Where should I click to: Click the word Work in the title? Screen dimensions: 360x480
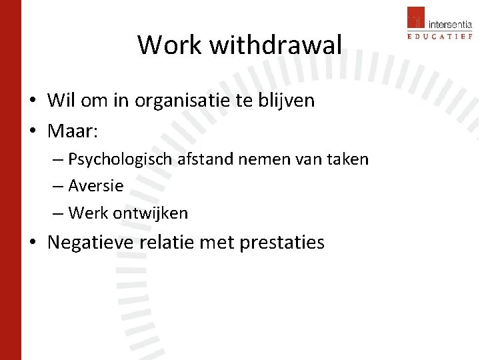[170, 45]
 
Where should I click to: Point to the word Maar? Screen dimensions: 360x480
[73, 131]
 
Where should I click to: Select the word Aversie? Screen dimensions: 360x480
[96, 186]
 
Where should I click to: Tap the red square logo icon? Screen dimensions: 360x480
[416, 17]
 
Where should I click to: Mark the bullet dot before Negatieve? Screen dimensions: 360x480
[33, 243]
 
